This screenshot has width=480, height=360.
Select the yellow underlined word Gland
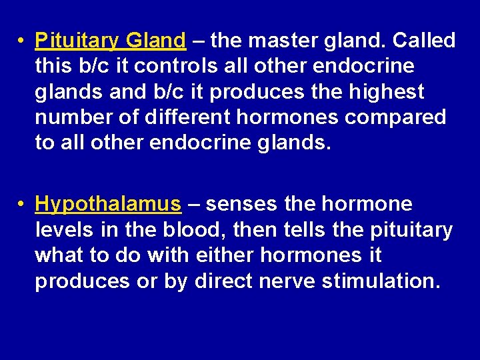point(155,41)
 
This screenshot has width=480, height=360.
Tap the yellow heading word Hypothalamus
point(108,204)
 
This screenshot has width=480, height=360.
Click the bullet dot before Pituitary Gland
point(22,41)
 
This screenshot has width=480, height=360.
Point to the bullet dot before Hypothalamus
point(22,204)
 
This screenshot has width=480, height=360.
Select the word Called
point(424,41)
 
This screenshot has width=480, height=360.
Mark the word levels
point(63,229)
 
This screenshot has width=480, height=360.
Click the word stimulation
point(381,281)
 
